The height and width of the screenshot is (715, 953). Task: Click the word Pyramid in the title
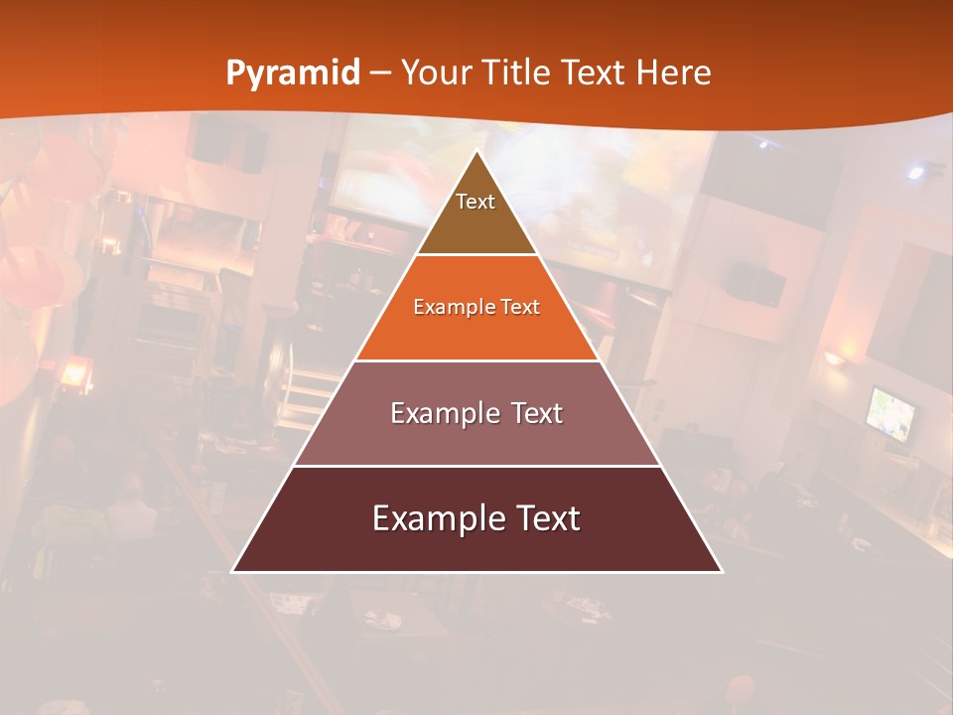[293, 73]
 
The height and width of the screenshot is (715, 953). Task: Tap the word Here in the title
[673, 73]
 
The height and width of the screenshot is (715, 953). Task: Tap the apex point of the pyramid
[476, 151]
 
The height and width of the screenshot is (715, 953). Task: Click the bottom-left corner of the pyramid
[233, 571]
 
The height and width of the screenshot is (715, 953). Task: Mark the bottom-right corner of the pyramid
[721, 571]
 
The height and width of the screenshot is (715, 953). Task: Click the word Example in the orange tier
[448, 307]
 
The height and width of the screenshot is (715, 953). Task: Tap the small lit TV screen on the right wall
[890, 413]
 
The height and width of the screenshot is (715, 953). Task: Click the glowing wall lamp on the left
[73, 374]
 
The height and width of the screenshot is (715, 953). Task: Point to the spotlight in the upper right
[915, 172]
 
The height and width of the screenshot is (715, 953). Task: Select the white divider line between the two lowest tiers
[476, 466]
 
